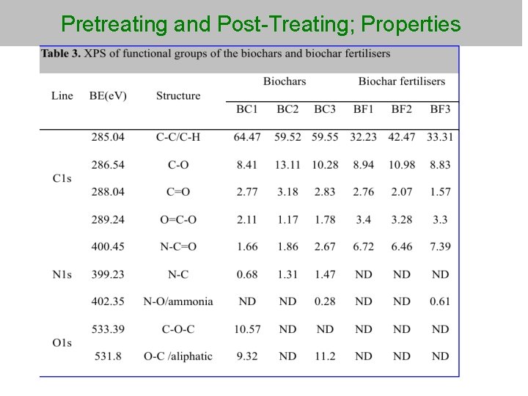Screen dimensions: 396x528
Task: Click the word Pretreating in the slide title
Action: click(114, 24)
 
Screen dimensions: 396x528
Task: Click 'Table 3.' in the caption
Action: click(62, 54)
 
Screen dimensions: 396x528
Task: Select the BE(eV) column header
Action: click(108, 96)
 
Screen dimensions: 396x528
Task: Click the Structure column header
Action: click(178, 96)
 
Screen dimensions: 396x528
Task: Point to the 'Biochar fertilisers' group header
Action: click(402, 81)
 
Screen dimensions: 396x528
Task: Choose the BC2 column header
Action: click(287, 109)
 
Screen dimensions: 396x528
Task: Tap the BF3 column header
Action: click(440, 109)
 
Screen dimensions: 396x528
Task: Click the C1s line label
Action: click(62, 178)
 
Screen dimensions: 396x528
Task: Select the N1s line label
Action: click(62, 274)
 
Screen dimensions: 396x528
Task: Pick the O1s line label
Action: click(62, 342)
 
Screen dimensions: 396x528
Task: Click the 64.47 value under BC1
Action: click(247, 137)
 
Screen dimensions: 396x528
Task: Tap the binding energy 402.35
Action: click(108, 301)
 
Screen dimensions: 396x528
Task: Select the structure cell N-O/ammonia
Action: click(178, 301)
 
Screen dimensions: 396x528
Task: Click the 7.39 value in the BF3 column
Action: click(440, 247)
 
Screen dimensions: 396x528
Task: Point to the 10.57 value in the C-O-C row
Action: click(247, 329)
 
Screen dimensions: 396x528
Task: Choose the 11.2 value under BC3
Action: click(325, 356)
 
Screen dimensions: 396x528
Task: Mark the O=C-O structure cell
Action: click(178, 219)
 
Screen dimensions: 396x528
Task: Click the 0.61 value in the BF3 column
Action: click(440, 301)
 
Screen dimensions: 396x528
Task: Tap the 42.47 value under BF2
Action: click(402, 137)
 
